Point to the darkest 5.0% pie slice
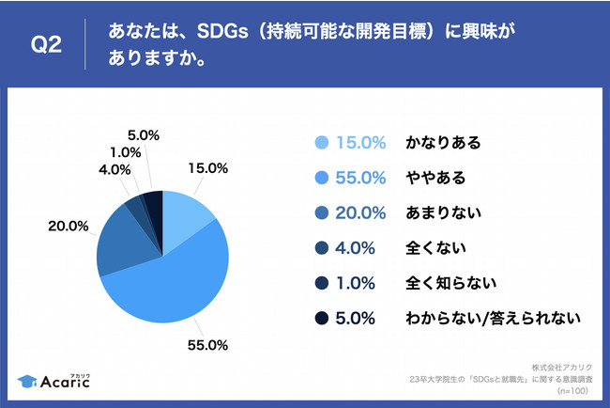(154, 210)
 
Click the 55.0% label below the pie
(209, 345)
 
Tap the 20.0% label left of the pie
(69, 226)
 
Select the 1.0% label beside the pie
(124, 151)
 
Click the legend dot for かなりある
(321, 143)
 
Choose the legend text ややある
(436, 178)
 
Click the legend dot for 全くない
(321, 248)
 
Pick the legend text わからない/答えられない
(493, 318)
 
